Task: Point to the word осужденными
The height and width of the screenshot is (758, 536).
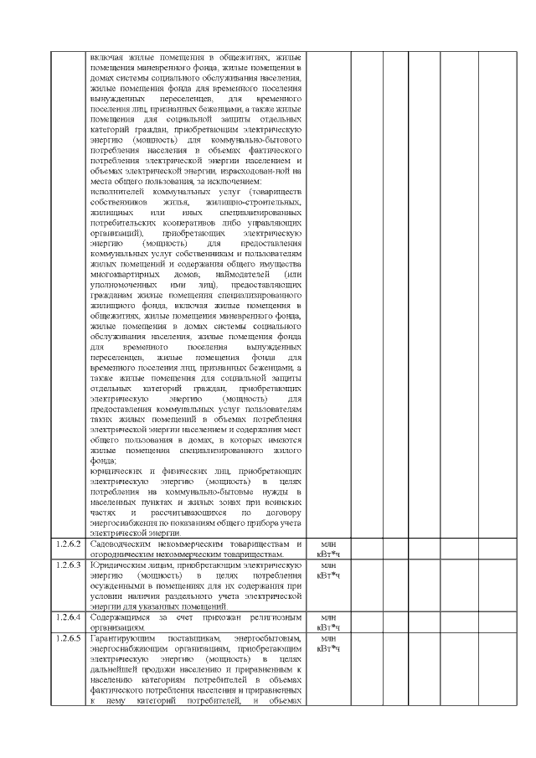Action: (x=116, y=586)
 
